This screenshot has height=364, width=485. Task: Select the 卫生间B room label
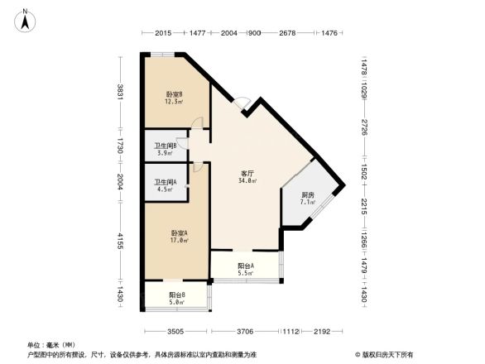coord(166,148)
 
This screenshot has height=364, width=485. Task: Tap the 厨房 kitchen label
coord(295,196)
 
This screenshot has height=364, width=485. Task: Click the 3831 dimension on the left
coord(121,92)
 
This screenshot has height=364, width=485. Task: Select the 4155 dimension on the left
coord(121,241)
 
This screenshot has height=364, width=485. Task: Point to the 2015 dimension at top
coord(162,33)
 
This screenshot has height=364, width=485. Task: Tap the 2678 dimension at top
coord(288,33)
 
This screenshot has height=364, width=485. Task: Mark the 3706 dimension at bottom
coord(243,331)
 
